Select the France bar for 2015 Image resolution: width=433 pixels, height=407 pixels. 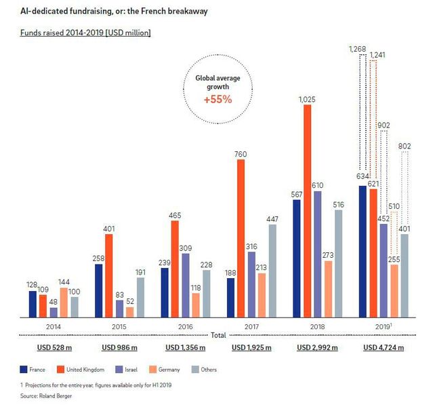[x=98, y=291]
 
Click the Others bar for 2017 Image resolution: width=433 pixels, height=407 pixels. [x=272, y=271]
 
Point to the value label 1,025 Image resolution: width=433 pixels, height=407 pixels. [x=307, y=100]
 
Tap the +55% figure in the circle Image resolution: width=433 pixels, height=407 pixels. [x=218, y=99]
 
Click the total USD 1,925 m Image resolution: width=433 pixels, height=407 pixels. [x=251, y=348]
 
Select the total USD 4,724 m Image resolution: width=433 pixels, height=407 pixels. [x=384, y=348]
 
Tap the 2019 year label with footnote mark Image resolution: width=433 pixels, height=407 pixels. [x=384, y=326]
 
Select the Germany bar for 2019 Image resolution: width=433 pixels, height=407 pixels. [x=394, y=291]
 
